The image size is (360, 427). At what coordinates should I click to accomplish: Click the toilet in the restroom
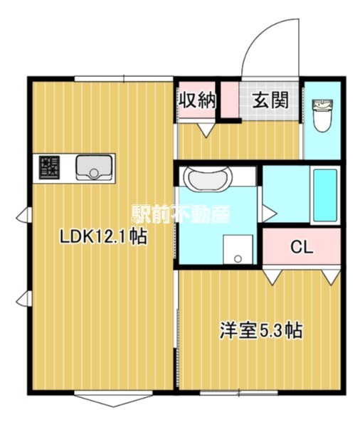pyautogui.click(x=323, y=115)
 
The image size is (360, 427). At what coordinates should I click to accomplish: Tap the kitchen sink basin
pyautogui.click(x=94, y=167)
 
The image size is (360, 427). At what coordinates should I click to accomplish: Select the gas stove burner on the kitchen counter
pyautogui.click(x=49, y=167)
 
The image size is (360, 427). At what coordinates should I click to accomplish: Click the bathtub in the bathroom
pyautogui.click(x=325, y=195)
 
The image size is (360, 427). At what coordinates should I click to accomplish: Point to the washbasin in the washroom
pyautogui.click(x=208, y=179)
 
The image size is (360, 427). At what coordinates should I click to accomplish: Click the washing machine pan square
pyautogui.click(x=238, y=250)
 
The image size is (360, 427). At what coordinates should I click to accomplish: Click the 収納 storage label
pyautogui.click(x=197, y=100)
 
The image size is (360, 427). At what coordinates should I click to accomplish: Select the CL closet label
pyautogui.click(x=302, y=247)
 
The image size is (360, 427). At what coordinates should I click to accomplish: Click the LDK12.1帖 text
pyautogui.click(x=103, y=237)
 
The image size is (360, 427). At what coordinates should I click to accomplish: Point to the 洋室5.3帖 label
pyautogui.click(x=261, y=330)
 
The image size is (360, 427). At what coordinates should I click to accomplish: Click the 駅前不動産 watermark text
pyautogui.click(x=181, y=213)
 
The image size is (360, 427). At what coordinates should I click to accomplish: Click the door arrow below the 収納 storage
pyautogui.click(x=206, y=130)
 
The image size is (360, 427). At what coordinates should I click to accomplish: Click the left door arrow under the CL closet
pyautogui.click(x=272, y=277)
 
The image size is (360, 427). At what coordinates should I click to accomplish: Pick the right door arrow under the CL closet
pyautogui.click(x=331, y=277)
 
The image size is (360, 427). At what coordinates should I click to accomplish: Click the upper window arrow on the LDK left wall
pyautogui.click(x=23, y=215)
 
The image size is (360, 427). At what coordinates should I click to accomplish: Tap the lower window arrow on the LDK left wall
pyautogui.click(x=23, y=298)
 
